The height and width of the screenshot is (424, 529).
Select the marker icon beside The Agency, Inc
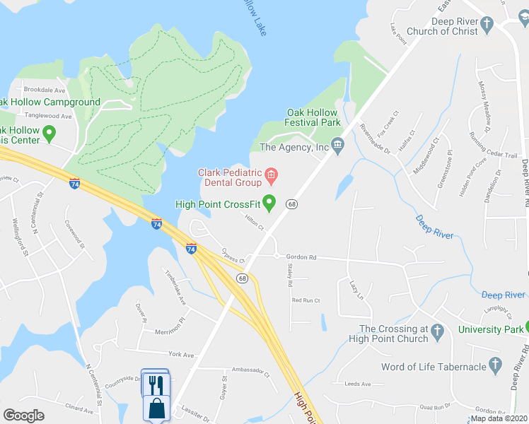[337, 147]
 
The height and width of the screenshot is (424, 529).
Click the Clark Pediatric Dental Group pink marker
[270, 174]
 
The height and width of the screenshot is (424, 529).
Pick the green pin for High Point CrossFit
[269, 204]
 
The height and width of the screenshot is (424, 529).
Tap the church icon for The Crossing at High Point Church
[438, 330]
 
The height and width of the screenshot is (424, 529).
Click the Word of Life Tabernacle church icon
[496, 366]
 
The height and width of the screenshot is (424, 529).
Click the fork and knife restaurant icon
[156, 384]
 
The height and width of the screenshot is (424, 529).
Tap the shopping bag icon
[156, 409]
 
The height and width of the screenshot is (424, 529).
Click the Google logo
[24, 415]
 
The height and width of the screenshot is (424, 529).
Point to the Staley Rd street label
[290, 274]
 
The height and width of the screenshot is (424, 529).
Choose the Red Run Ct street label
[306, 300]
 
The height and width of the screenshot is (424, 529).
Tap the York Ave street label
[181, 354]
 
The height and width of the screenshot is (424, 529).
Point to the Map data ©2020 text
[498, 418]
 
